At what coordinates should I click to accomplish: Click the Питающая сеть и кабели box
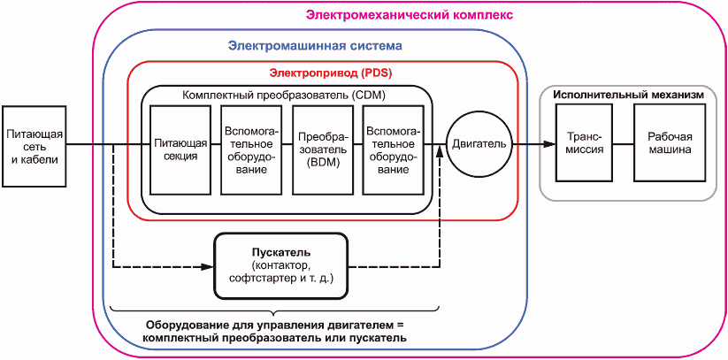point(34,146)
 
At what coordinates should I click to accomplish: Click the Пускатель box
point(276,264)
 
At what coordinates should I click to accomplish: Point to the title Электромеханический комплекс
point(410,14)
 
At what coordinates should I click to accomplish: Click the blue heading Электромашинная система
point(315,45)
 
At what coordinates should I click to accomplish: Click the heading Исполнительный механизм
point(629,94)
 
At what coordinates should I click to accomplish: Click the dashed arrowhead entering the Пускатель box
point(211,265)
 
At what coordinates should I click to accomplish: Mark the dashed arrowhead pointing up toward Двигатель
point(439,153)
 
